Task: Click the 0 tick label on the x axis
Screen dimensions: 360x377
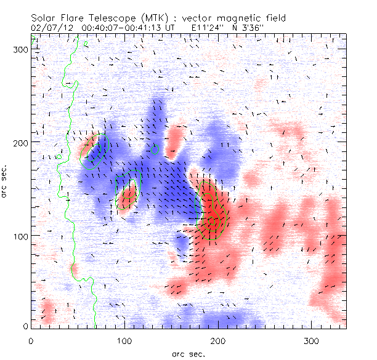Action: coord(31,340)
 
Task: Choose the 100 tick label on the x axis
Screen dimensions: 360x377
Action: coord(124,340)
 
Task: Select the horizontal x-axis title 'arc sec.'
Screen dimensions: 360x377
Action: coord(188,354)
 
